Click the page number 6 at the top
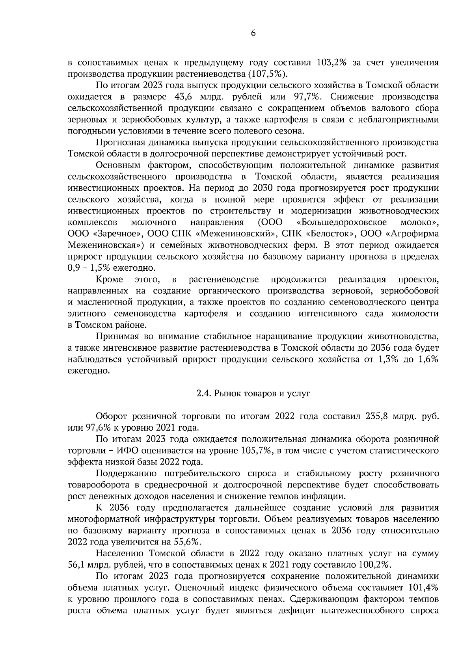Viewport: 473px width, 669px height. [x=253, y=34]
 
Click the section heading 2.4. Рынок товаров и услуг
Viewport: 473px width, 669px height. [x=253, y=393]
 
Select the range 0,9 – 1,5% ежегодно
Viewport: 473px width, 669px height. [x=112, y=268]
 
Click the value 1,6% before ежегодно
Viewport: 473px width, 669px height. [x=426, y=359]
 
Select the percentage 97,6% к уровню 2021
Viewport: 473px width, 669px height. [x=95, y=427]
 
